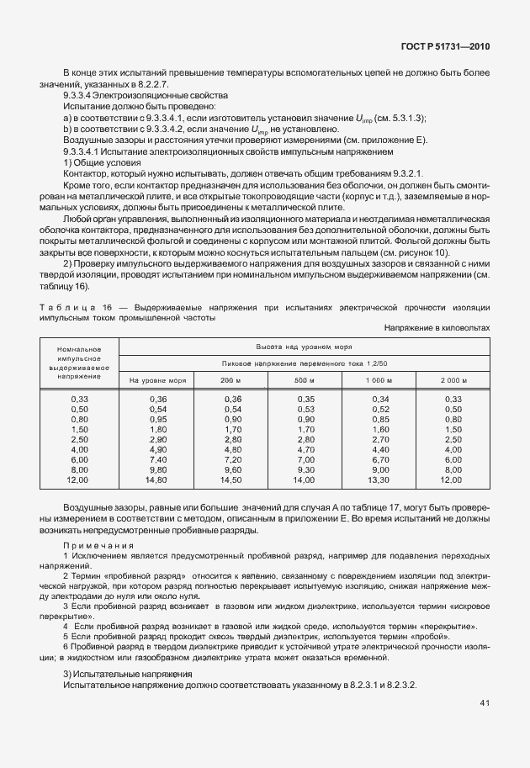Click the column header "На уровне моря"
coord(157,380)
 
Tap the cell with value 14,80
coord(157,480)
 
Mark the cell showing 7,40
coord(157,460)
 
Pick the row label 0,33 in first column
coord(80,399)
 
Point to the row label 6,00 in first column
coord(80,460)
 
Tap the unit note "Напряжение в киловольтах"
coord(437,328)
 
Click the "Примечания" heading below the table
coord(99,546)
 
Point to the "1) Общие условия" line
coord(102,162)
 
